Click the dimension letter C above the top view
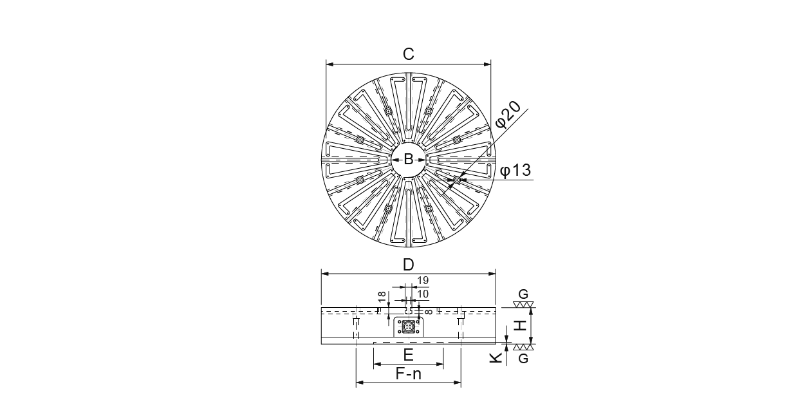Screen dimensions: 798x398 (x=408, y=54)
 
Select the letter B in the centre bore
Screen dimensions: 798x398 (x=408, y=160)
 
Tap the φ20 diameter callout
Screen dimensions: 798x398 (x=508, y=115)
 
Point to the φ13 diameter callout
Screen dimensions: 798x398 (x=515, y=170)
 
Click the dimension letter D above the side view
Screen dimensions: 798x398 (x=408, y=265)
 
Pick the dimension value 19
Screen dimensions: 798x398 (x=423, y=281)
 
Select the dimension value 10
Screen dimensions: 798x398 (x=423, y=294)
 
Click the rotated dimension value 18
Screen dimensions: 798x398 (x=382, y=297)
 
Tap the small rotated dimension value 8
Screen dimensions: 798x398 (x=429, y=312)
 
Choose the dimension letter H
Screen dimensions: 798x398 (x=521, y=325)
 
